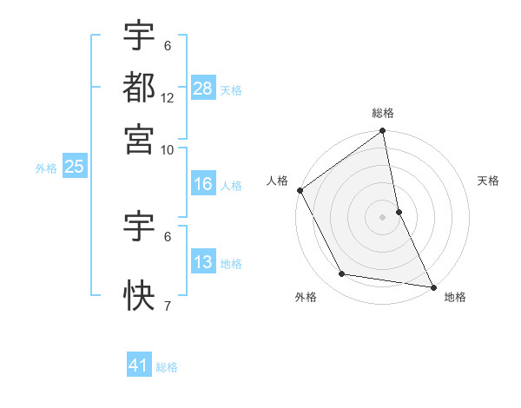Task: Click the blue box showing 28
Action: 203,89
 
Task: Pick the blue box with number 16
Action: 203,184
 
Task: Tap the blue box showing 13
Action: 203,262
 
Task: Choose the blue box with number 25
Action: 74,168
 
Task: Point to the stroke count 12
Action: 168,98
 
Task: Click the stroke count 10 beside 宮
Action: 168,149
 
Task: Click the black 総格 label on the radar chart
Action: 383,114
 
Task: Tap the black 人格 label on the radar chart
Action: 277,181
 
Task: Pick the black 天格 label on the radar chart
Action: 489,181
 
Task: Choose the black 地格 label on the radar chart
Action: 455,297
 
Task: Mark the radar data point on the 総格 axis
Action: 383,132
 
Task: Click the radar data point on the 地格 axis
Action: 433,286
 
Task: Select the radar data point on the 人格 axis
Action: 300,190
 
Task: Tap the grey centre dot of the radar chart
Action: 383,217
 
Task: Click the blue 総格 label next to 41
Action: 167,367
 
